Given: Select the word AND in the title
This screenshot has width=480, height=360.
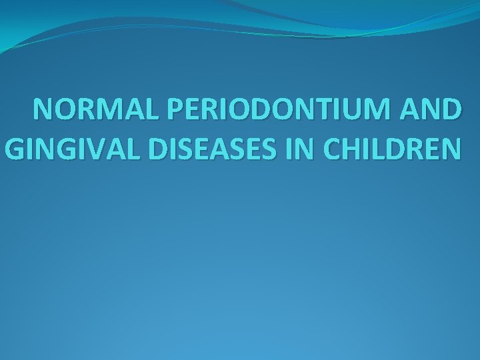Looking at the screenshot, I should pos(431,109).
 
